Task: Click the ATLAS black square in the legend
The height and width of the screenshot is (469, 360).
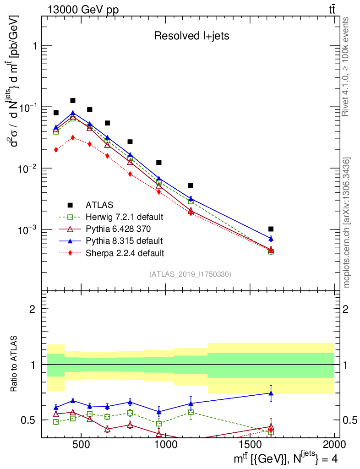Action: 70,204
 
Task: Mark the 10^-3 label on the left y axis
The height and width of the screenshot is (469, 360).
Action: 28,229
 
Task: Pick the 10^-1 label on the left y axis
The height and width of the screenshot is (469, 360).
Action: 28,107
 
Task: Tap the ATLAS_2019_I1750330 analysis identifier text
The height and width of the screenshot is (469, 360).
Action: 190,274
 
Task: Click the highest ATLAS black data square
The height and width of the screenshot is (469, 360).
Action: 72,100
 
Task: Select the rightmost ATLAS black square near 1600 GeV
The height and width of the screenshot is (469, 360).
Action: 271,229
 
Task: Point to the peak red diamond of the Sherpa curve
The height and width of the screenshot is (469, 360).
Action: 72,137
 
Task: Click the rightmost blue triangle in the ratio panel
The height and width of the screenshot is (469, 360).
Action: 271,393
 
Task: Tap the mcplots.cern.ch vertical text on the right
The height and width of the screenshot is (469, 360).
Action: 347,222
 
